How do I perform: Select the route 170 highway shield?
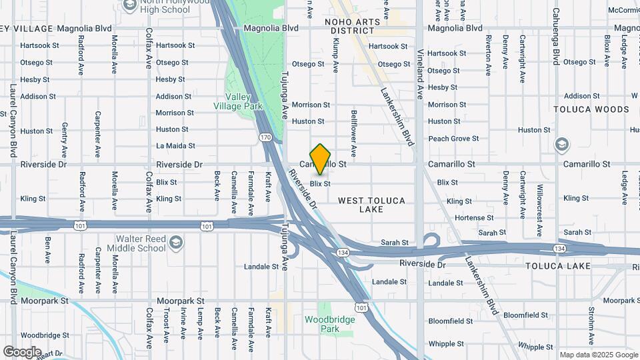pos(265,137)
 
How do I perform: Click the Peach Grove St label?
pos(453,139)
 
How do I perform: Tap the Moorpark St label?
pos(45,301)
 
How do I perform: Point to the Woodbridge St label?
pos(45,335)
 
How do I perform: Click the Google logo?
pos(23,351)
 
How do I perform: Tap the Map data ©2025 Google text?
pos(598,355)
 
